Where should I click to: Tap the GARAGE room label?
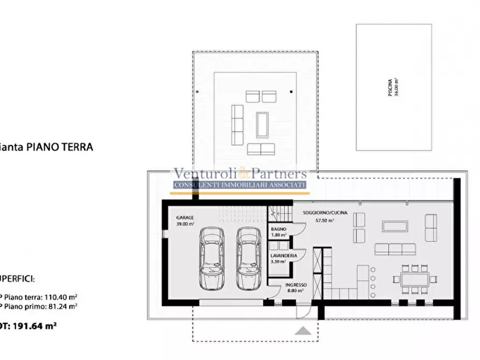(185, 218)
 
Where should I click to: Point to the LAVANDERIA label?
(283, 256)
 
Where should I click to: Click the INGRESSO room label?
(296, 285)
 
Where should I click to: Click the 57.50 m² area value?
(325, 220)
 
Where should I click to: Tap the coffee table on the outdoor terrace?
(262, 124)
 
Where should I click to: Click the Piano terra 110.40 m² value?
(40, 296)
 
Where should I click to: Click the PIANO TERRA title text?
(59, 147)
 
